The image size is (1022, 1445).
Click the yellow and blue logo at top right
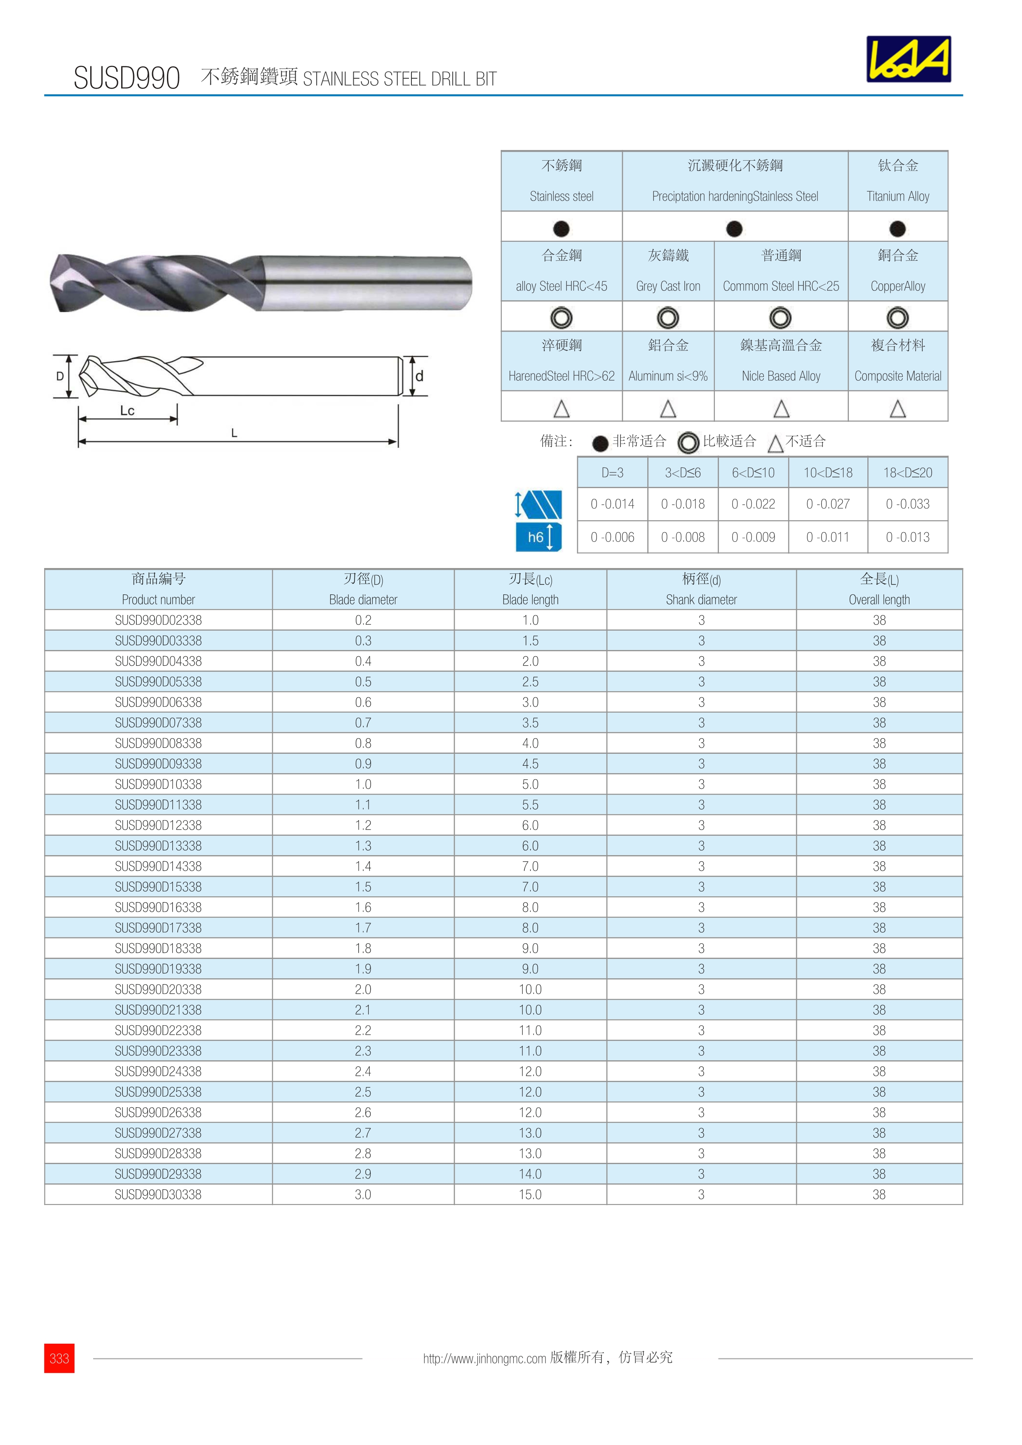tap(908, 59)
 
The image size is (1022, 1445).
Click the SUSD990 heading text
tap(127, 78)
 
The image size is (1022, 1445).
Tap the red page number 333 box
tap(59, 1358)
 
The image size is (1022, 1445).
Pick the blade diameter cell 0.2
tap(363, 620)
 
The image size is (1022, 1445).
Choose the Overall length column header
tap(879, 589)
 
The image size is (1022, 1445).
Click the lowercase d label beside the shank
tap(419, 376)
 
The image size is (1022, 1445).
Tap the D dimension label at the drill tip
tap(60, 376)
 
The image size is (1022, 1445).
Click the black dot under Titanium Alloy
tap(897, 229)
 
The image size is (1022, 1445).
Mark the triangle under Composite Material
tap(897, 409)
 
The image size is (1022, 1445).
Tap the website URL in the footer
tap(484, 1358)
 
